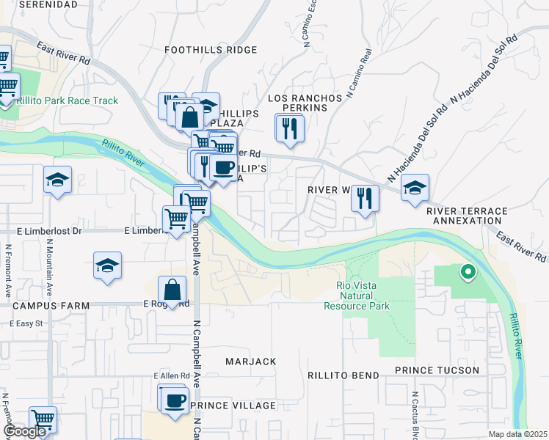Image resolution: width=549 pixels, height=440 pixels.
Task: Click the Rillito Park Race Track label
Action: (70, 100)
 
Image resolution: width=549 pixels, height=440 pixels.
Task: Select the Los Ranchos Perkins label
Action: (305, 103)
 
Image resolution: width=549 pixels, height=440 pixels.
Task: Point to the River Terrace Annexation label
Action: (467, 216)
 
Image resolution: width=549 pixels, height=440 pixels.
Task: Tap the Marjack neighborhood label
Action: (251, 362)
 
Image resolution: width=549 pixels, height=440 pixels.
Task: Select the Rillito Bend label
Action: (343, 375)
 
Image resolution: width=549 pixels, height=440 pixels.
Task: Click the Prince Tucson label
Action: (437, 370)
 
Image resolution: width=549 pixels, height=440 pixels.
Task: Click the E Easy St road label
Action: (27, 323)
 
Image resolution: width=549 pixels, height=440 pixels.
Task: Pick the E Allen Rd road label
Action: (172, 375)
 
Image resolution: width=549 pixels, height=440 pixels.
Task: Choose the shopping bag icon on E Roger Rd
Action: (172, 290)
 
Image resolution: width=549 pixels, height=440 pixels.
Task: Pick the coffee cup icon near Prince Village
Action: (175, 401)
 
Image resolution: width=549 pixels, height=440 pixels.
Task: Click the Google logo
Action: (24, 431)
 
